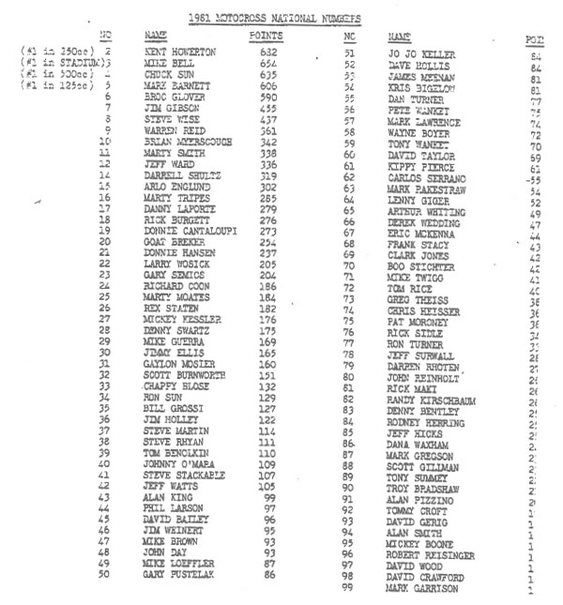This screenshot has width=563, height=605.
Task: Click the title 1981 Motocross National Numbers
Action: (x=273, y=18)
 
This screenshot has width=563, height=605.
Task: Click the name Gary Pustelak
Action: (x=180, y=575)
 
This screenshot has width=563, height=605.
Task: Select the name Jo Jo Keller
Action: (x=421, y=54)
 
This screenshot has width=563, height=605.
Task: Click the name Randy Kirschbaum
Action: (x=437, y=400)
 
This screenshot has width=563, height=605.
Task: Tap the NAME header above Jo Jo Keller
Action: (x=402, y=36)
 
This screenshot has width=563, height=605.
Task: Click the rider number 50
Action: (x=105, y=575)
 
